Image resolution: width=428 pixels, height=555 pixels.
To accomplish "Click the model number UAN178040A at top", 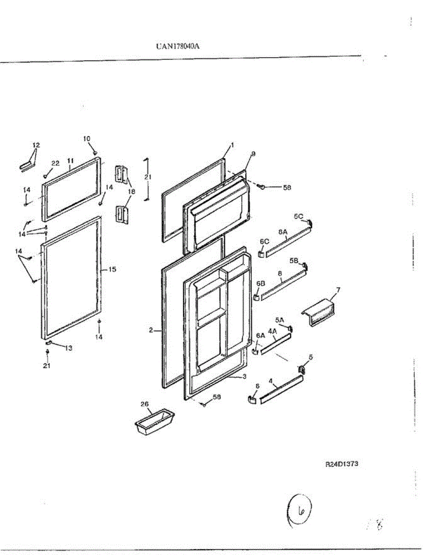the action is [x=180, y=46].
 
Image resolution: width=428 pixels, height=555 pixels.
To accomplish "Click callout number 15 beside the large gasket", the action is [x=112, y=269].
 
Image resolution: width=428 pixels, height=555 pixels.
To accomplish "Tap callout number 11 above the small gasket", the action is [x=70, y=160].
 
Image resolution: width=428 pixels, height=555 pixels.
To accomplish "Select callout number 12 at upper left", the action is [x=36, y=145].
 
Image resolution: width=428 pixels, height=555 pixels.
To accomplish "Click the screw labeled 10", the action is [x=95, y=152].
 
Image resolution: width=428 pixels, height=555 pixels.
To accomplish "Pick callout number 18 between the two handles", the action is [x=132, y=191].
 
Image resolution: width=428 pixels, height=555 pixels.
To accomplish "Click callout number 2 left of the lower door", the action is [x=151, y=330].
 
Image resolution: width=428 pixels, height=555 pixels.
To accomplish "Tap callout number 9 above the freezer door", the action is [x=253, y=153].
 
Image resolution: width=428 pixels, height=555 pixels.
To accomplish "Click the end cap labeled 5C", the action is [x=309, y=224].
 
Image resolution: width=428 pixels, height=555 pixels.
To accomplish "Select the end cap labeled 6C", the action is [x=261, y=253].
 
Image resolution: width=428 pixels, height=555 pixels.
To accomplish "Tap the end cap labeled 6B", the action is [x=257, y=296].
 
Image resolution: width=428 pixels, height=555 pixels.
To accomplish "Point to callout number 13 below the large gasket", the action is [x=68, y=348].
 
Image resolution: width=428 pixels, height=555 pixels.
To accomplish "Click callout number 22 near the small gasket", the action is [x=55, y=163].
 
